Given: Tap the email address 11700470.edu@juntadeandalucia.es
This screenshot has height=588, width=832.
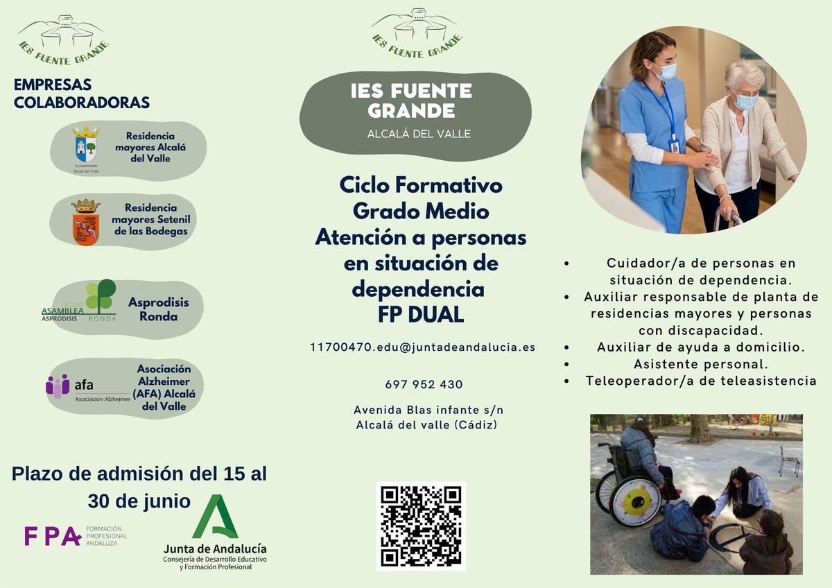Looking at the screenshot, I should pos(422,347).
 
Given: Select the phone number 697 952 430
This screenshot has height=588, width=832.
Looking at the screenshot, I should pos(424,384).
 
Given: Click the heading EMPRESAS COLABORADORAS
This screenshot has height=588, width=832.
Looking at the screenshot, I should pos(82,94).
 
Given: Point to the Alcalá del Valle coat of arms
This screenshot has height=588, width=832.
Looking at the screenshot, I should pos(87,144).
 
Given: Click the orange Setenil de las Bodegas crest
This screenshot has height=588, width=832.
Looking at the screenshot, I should pos(86,222).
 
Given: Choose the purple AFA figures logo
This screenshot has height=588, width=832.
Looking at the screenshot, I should pos(58,386).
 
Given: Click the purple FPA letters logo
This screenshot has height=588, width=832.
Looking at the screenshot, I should pos(52,535).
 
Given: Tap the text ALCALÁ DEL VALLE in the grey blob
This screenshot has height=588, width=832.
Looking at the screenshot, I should pos(419,134).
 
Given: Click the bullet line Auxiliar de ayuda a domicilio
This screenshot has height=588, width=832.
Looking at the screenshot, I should pos(700,347).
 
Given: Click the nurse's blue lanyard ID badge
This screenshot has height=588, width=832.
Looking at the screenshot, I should pos(673,146).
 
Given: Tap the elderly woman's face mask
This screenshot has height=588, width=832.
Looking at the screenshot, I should pos(745,102).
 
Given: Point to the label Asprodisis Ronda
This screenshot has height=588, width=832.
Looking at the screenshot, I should pos(153,309).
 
